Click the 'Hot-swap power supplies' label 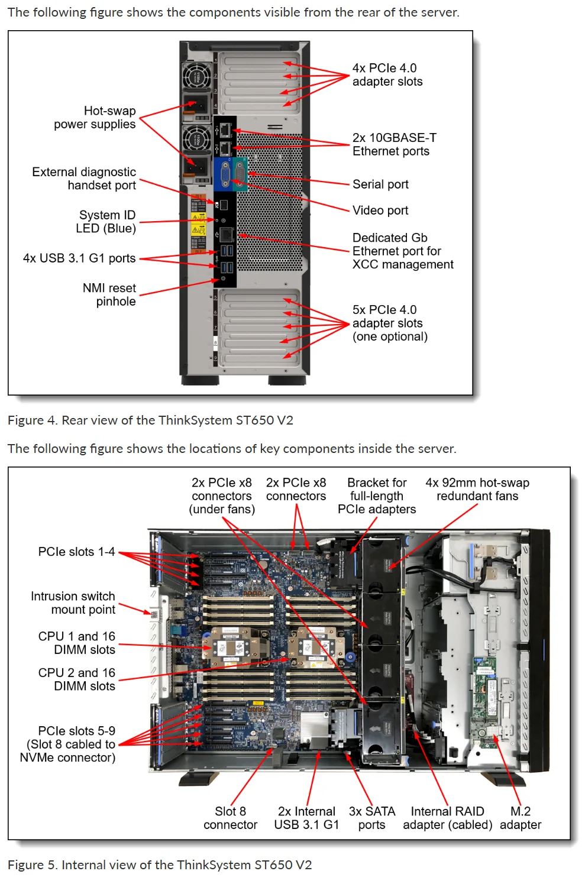95,118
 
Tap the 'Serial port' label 380,184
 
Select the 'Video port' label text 380,211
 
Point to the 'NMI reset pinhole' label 109,294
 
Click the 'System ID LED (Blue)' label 106,222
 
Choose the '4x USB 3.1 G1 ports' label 79,258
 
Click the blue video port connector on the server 225,175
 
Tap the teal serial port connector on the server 240,174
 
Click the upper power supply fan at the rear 196,77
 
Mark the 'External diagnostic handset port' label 85,179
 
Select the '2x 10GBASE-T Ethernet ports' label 394,144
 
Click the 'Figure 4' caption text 150,420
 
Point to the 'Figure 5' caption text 160,865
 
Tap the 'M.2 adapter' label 521,818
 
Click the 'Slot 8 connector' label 230,818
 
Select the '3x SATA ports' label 371,818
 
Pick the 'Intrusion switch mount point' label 73,603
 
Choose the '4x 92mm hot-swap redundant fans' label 477,490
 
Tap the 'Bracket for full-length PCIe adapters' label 377,496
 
